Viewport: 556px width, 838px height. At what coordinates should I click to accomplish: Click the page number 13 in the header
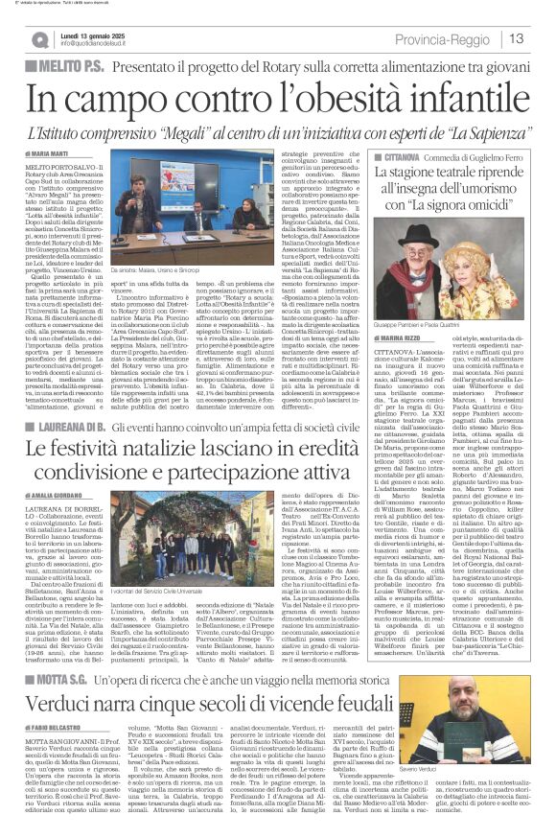[516, 37]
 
